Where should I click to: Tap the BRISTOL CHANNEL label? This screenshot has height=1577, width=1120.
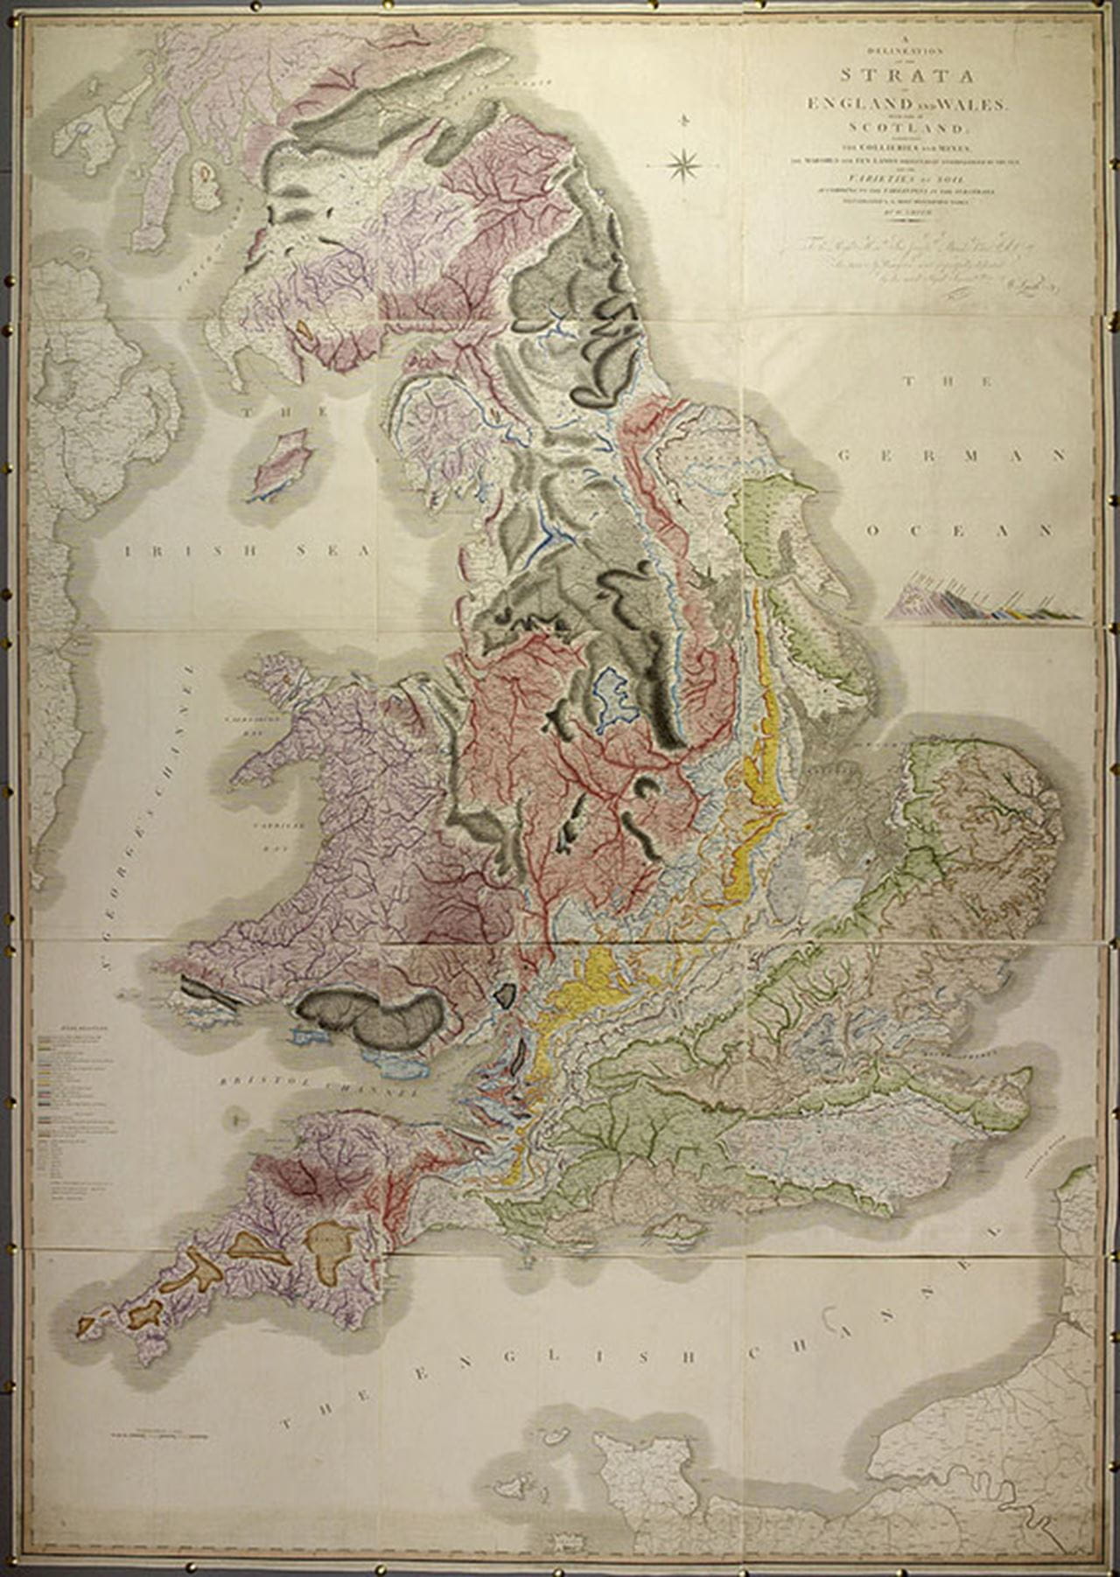point(318,1086)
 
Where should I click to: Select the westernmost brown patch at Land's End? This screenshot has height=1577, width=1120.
point(85,1326)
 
